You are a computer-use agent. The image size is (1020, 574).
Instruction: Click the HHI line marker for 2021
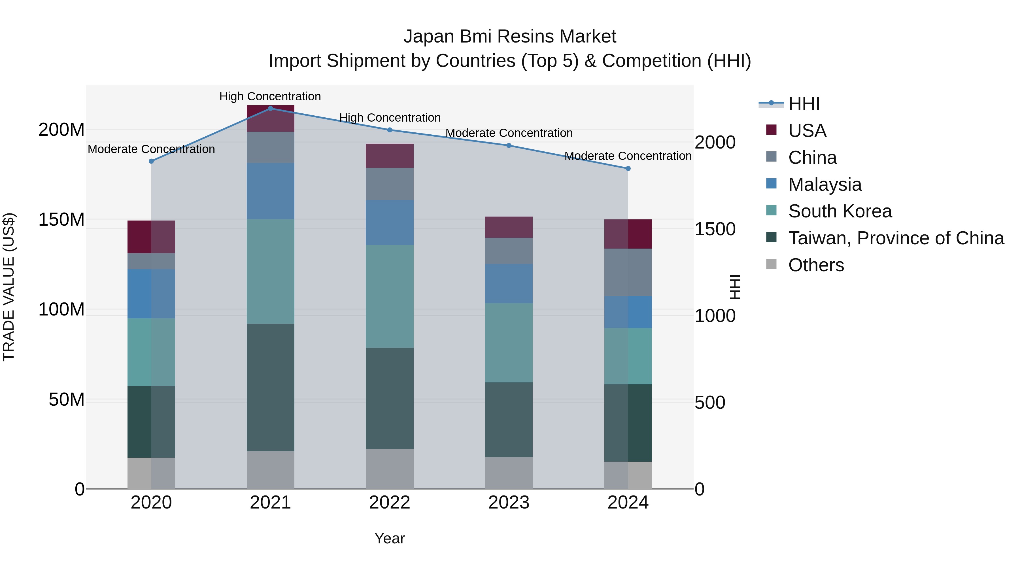tap(271, 108)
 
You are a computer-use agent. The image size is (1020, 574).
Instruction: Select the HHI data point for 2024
tap(628, 168)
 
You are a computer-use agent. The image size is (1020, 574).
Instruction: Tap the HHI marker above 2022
tap(390, 130)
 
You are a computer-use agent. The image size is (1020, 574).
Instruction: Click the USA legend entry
tap(807, 130)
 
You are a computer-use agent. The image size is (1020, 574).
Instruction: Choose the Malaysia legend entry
tap(825, 184)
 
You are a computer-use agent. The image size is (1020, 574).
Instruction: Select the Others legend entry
tap(816, 265)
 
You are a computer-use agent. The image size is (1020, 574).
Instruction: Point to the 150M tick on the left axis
tap(61, 219)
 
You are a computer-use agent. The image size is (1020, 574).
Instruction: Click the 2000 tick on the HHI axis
tap(715, 142)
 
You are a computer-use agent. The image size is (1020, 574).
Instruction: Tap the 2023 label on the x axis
tap(509, 503)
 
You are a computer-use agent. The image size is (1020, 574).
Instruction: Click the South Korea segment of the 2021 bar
tap(271, 271)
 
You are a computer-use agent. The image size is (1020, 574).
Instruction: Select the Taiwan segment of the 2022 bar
tap(390, 398)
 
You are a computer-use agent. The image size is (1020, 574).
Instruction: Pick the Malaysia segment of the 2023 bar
tap(509, 284)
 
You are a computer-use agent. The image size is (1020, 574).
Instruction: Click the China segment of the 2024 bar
tap(628, 272)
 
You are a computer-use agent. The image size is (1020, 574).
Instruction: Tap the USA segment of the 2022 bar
tap(390, 156)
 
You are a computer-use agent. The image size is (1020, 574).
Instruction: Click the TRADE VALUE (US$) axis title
tap(9, 287)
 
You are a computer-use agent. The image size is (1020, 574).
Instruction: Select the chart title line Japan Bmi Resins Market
tap(510, 37)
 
